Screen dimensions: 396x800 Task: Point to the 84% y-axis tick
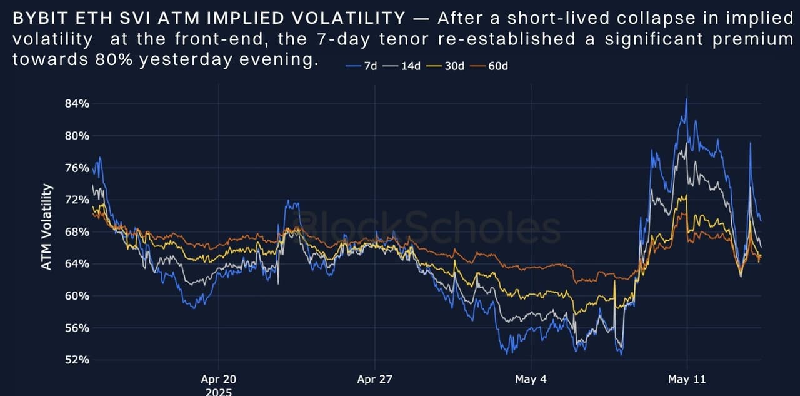point(77,104)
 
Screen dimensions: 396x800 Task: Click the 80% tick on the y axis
point(77,136)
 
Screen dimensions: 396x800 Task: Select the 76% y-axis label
point(77,168)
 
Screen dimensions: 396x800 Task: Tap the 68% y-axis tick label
point(77,232)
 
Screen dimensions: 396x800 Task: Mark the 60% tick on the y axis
point(77,296)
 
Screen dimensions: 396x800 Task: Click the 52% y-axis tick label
point(77,360)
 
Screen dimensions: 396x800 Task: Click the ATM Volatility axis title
point(46,227)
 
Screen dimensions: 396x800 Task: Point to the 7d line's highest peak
point(686,99)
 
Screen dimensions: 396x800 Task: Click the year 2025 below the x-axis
point(219,392)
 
